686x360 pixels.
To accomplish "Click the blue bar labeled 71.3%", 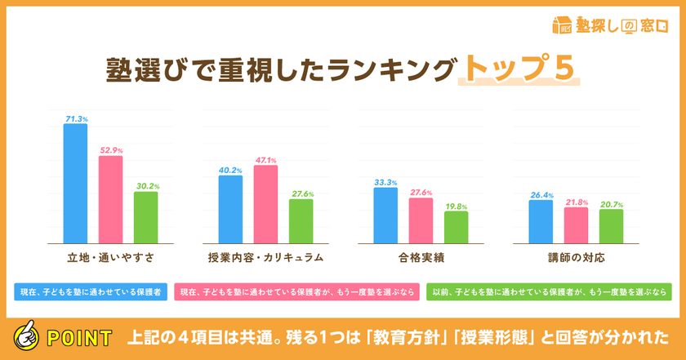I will pyautogui.click(x=76, y=183).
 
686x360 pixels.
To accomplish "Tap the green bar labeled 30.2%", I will pyautogui.click(x=145, y=216).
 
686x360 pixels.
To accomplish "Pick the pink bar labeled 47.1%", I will pyautogui.click(x=265, y=203).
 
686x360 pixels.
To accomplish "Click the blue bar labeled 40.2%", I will pyautogui.click(x=230, y=208).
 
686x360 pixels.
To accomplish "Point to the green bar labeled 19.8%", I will pyautogui.click(x=457, y=226).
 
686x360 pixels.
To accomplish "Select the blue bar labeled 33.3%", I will pyautogui.click(x=385, y=215).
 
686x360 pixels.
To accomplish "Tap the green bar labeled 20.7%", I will pyautogui.click(x=611, y=225).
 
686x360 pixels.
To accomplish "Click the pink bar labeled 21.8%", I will pyautogui.click(x=576, y=224).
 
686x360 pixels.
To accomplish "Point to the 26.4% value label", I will pyautogui.click(x=541, y=195).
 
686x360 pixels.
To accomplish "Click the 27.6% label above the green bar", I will pyautogui.click(x=301, y=193).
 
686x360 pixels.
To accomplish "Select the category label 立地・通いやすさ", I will pyautogui.click(x=111, y=257).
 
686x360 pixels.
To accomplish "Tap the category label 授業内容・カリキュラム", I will pyautogui.click(x=266, y=257).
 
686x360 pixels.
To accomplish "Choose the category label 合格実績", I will pyautogui.click(x=421, y=257).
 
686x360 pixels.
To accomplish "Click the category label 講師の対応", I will pyautogui.click(x=577, y=257).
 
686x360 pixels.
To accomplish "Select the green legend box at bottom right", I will pyautogui.click(x=550, y=291).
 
